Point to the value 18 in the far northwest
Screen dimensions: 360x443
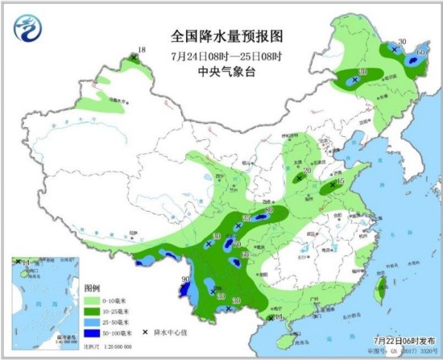(142, 51)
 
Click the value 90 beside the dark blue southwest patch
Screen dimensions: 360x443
(186, 279)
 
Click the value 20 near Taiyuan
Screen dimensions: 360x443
(307, 170)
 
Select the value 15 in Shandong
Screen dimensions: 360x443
(340, 182)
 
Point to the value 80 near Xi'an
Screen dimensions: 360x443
(269, 210)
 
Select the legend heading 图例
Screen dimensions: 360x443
(93, 288)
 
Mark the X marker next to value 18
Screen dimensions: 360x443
(134, 57)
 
